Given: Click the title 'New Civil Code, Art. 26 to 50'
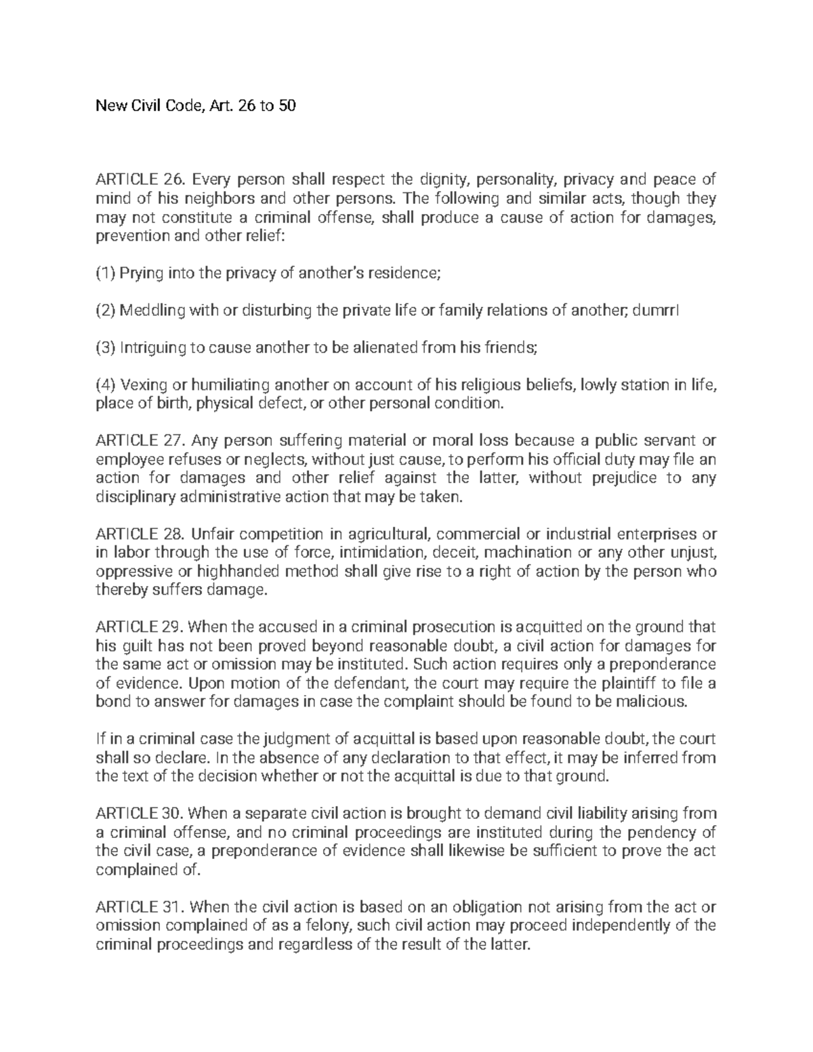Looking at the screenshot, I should tap(196, 106).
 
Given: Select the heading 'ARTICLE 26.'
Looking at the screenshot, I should tap(138, 180).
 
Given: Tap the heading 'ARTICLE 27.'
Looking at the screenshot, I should tap(138, 441).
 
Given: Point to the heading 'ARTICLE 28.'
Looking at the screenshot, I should tap(138, 534).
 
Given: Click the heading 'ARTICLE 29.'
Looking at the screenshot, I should tap(138, 627).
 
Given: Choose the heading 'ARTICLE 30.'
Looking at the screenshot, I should tap(138, 813).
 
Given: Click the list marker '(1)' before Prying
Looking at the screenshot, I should tap(106, 273).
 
